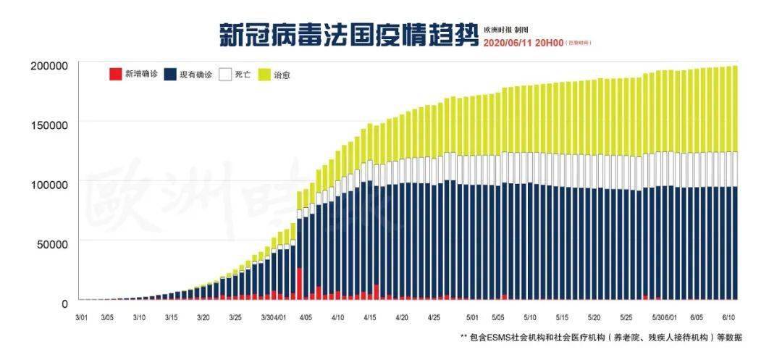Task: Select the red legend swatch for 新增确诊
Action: [114, 74]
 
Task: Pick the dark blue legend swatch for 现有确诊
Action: [171, 74]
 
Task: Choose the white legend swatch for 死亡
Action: [225, 74]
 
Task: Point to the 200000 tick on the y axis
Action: [49, 66]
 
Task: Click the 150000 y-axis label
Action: [49, 125]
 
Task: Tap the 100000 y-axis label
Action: [49, 184]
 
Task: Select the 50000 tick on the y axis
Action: [52, 243]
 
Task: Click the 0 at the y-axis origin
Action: [64, 303]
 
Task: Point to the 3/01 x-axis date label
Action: [83, 317]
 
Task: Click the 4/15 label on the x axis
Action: [369, 317]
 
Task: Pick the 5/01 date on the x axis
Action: [473, 317]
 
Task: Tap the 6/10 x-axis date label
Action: [728, 317]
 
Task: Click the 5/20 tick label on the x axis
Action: [594, 317]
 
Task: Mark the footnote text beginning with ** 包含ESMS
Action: [601, 338]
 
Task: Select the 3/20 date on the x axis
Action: [203, 317]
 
